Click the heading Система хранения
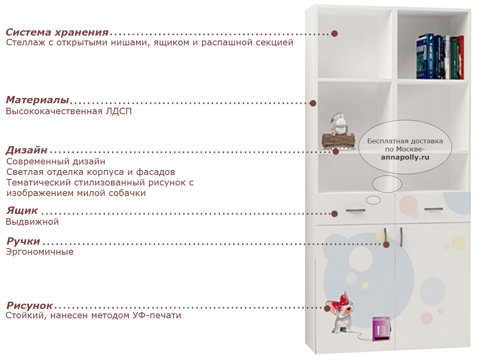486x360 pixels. pyautogui.click(x=57, y=32)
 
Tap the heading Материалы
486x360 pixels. pyautogui.click(x=38, y=100)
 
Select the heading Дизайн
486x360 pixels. pyautogui.click(x=26, y=150)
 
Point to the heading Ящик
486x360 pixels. pyautogui.click(x=22, y=210)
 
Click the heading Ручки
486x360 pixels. pyautogui.click(x=23, y=241)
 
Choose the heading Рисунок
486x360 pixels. pyautogui.click(x=29, y=305)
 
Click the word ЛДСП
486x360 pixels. pyautogui.click(x=119, y=111)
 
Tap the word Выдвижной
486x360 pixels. pyautogui.click(x=32, y=222)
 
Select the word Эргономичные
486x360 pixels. pyautogui.click(x=40, y=252)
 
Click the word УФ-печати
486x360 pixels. pyautogui.click(x=157, y=315)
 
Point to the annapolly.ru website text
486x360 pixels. pyautogui.click(x=405, y=157)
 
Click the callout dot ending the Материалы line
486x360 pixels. pyautogui.click(x=313, y=103)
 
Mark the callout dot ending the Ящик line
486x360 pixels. pyautogui.click(x=335, y=214)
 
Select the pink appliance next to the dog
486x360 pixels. pyautogui.click(x=382, y=329)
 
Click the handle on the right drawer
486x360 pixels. pyautogui.click(x=433, y=209)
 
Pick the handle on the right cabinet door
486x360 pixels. pyautogui.click(x=401, y=237)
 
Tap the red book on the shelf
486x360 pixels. pyautogui.click(x=460, y=58)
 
